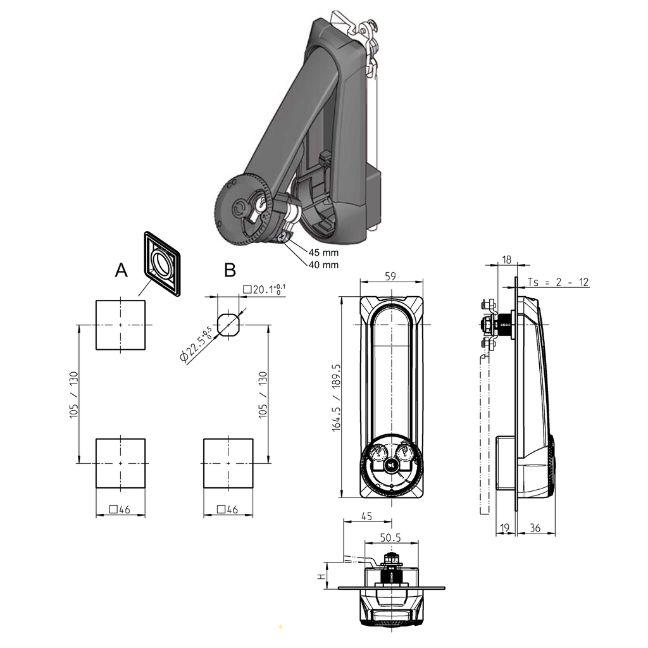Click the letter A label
tap(121, 270)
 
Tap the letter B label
tap(230, 270)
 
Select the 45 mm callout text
tap(323, 252)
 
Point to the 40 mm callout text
tap(323, 265)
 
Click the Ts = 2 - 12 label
tap(558, 282)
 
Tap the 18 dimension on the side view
tap(506, 259)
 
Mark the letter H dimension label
tap(321, 576)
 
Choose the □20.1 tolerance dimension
tap(265, 289)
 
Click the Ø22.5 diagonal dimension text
tap(196, 346)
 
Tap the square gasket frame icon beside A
tap(163, 263)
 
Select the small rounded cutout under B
tap(228, 324)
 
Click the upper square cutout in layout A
tap(120, 325)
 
